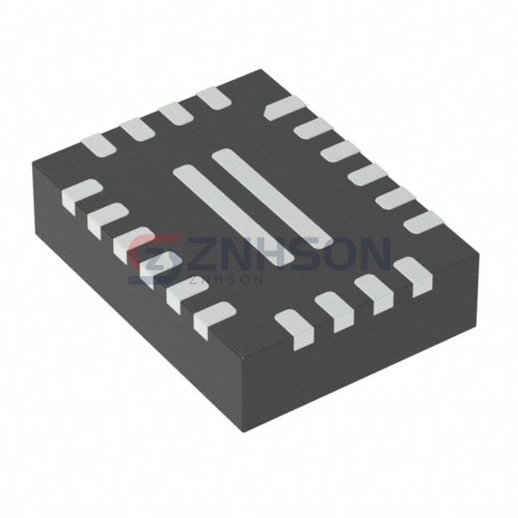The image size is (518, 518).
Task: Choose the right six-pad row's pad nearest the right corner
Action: (424, 223)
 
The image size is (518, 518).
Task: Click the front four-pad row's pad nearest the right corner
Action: (412, 276)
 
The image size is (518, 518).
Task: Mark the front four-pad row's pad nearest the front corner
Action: (294, 329)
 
